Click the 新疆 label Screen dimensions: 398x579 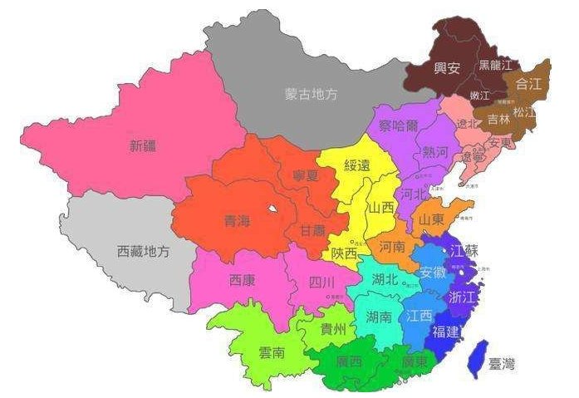click(x=142, y=146)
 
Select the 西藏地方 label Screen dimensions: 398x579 click(x=141, y=251)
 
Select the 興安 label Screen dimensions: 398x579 click(x=448, y=68)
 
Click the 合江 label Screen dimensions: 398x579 click(x=528, y=83)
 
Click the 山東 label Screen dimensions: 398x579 click(x=432, y=219)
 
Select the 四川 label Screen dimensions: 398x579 click(x=321, y=283)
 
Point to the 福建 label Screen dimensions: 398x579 click(x=446, y=332)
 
